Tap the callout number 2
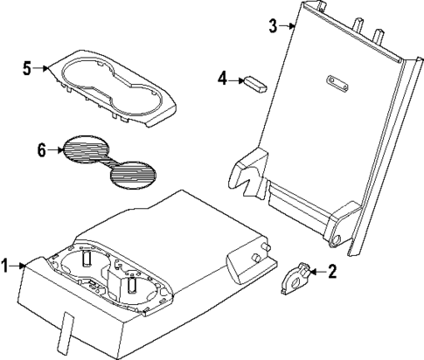point(331,272)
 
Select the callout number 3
point(273,25)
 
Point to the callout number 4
point(223,80)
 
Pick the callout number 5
point(26,66)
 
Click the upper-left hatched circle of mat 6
point(84,149)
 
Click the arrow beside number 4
point(237,80)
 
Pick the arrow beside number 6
point(55,150)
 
